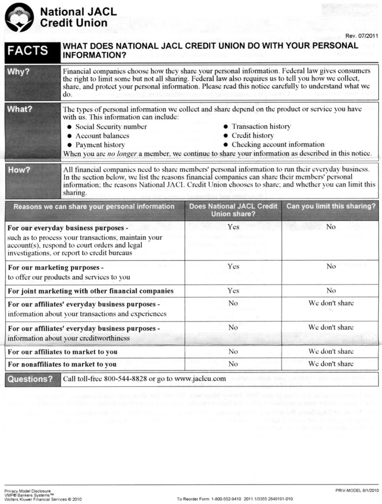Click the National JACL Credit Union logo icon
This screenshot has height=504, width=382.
(x=19, y=17)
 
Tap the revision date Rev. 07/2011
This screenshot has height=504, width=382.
(x=362, y=36)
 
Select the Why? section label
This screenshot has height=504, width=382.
(x=19, y=71)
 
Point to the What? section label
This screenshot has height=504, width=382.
(x=20, y=109)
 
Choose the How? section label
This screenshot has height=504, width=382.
(x=19, y=170)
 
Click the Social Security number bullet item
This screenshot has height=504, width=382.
(x=111, y=126)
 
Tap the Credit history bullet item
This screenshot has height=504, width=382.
(x=253, y=135)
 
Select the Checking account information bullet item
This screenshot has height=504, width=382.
(x=278, y=145)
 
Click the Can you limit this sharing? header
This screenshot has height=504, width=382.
(x=330, y=206)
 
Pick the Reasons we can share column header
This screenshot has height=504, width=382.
(x=94, y=206)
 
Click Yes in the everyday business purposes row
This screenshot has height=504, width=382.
(x=233, y=227)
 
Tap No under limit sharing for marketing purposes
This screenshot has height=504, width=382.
(x=331, y=266)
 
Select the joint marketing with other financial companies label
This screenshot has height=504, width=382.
(x=91, y=291)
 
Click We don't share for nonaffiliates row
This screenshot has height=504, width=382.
(x=331, y=364)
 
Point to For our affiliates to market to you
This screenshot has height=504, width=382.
(x=63, y=352)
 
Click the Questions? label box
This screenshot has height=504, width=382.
(x=30, y=379)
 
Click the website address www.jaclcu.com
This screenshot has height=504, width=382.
(x=200, y=378)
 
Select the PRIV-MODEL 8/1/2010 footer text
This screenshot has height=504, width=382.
(x=356, y=490)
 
